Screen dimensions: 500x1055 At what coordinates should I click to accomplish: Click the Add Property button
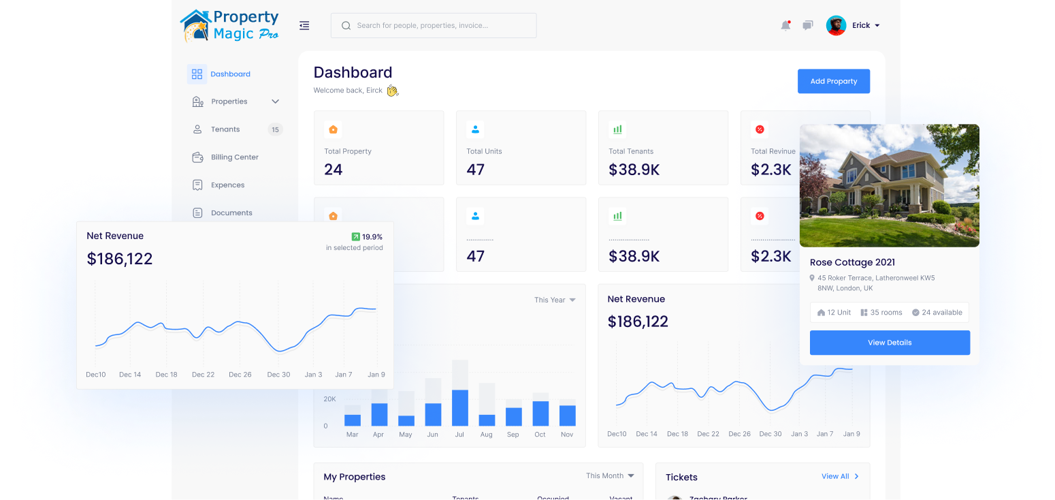pyautogui.click(x=833, y=81)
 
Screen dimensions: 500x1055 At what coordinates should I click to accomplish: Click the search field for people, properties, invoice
pyautogui.click(x=434, y=26)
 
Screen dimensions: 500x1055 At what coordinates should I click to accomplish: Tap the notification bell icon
pyautogui.click(x=785, y=26)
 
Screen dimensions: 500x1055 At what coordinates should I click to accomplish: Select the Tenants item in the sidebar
pyautogui.click(x=225, y=129)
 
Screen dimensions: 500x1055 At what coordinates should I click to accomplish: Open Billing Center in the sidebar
pyautogui.click(x=234, y=157)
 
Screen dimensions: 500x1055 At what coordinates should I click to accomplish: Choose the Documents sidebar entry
pyautogui.click(x=231, y=213)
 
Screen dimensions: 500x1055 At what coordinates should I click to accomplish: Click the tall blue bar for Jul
pyautogui.click(x=460, y=407)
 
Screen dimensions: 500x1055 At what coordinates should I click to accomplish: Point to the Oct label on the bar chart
pyautogui.click(x=540, y=435)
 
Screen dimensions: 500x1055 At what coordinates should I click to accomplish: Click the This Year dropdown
pyautogui.click(x=555, y=300)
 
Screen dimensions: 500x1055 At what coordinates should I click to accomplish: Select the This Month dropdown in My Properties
pyautogui.click(x=610, y=475)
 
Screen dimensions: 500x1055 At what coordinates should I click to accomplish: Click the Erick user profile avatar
pyautogui.click(x=836, y=26)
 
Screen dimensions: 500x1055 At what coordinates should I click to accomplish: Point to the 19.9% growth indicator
pyautogui.click(x=367, y=237)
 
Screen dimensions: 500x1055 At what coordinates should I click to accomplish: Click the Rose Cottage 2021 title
pyautogui.click(x=852, y=262)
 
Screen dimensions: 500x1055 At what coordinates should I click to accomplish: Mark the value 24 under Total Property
pyautogui.click(x=334, y=170)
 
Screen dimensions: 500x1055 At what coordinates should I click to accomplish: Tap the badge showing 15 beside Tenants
pyautogui.click(x=275, y=129)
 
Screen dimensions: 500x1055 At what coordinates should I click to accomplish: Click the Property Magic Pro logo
pyautogui.click(x=229, y=26)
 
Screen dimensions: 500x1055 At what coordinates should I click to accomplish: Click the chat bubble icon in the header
pyautogui.click(x=807, y=26)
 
